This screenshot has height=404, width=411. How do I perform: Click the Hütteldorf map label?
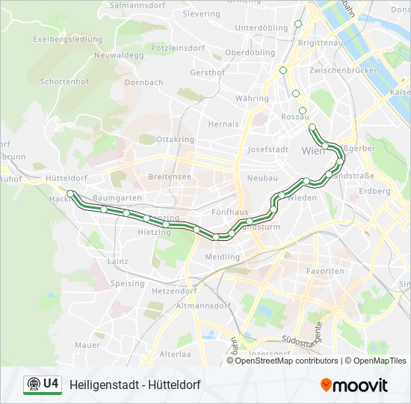tap(66, 178)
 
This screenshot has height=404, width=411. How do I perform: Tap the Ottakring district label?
tap(175, 139)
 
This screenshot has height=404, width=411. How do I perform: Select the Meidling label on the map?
tap(223, 257)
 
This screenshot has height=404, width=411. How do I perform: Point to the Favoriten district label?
tap(326, 271)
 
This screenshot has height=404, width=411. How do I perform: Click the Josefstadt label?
tap(268, 149)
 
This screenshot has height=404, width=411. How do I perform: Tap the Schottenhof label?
tap(65, 81)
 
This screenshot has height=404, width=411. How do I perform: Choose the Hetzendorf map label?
tap(173, 290)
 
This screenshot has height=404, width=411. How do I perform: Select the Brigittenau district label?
tap(320, 43)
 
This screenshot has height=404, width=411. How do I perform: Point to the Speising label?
tap(127, 284)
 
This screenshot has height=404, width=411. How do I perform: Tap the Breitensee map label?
tap(170, 177)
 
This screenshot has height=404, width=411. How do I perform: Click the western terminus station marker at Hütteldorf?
tap(70, 193)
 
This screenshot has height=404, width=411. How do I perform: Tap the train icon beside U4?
tap(33, 385)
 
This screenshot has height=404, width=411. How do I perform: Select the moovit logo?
tap(354, 385)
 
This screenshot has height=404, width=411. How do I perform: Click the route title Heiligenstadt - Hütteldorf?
tap(135, 385)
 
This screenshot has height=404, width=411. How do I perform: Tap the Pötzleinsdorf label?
tap(178, 47)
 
